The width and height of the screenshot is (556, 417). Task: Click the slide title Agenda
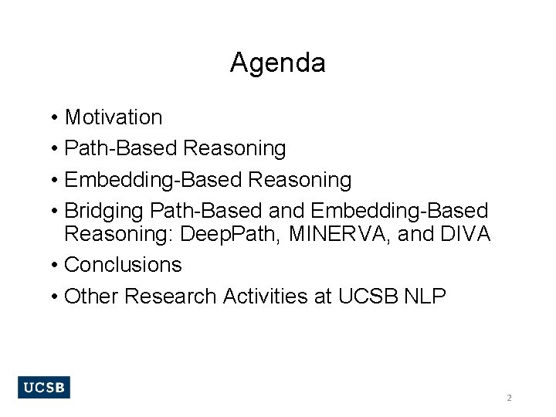(x=277, y=63)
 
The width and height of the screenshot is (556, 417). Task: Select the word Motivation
(x=114, y=117)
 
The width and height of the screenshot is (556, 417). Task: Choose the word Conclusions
(x=123, y=265)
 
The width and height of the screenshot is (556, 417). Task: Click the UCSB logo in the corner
(x=43, y=387)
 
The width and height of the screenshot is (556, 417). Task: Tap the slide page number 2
(x=509, y=398)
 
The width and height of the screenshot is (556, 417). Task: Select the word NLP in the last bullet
(x=425, y=297)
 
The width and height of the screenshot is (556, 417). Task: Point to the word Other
(x=92, y=297)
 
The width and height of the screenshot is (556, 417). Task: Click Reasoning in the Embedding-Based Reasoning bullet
(x=300, y=180)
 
